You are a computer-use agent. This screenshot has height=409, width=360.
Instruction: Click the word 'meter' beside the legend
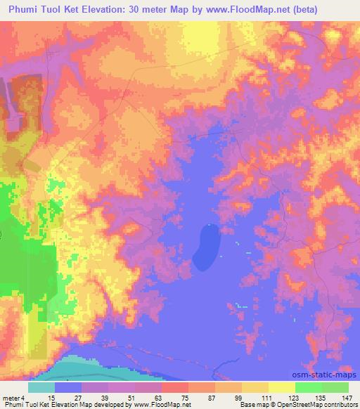point(11,397)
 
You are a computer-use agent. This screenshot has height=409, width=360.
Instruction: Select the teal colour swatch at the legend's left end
point(41,387)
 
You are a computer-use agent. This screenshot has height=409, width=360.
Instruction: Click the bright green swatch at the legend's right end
point(335,387)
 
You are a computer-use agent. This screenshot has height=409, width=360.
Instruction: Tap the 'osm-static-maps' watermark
point(329,375)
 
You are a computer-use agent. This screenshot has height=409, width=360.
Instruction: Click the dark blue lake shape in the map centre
point(207,246)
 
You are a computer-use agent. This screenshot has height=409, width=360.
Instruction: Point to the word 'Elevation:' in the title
point(122,10)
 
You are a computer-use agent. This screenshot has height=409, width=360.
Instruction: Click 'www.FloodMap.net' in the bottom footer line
point(160,405)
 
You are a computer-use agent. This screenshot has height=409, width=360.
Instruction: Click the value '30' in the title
point(156,10)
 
